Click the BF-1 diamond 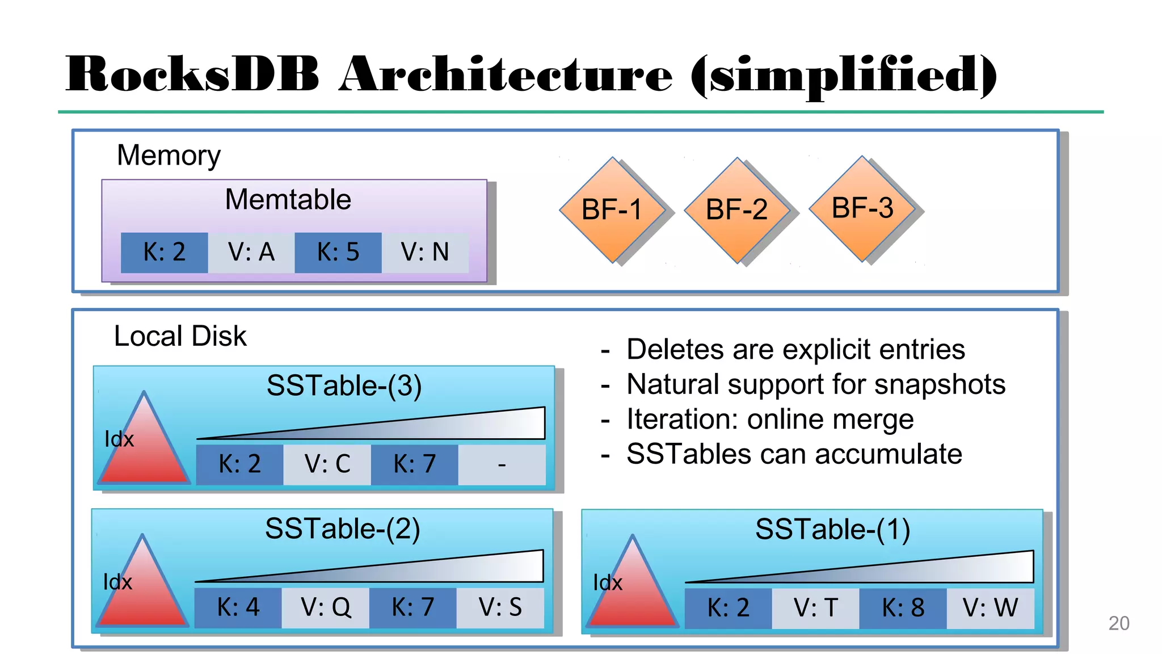612,209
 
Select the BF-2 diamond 737,209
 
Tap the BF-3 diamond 862,208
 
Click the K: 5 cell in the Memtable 338,252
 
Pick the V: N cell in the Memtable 425,252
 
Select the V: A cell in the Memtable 251,252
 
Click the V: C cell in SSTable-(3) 327,464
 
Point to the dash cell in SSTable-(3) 502,464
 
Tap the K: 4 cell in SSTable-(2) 238,607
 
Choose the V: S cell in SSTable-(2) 500,607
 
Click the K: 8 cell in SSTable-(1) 903,608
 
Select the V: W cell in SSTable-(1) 990,608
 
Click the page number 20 1119,623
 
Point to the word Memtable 288,200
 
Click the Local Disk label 180,336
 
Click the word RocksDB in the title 193,75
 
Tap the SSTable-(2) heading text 343,529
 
